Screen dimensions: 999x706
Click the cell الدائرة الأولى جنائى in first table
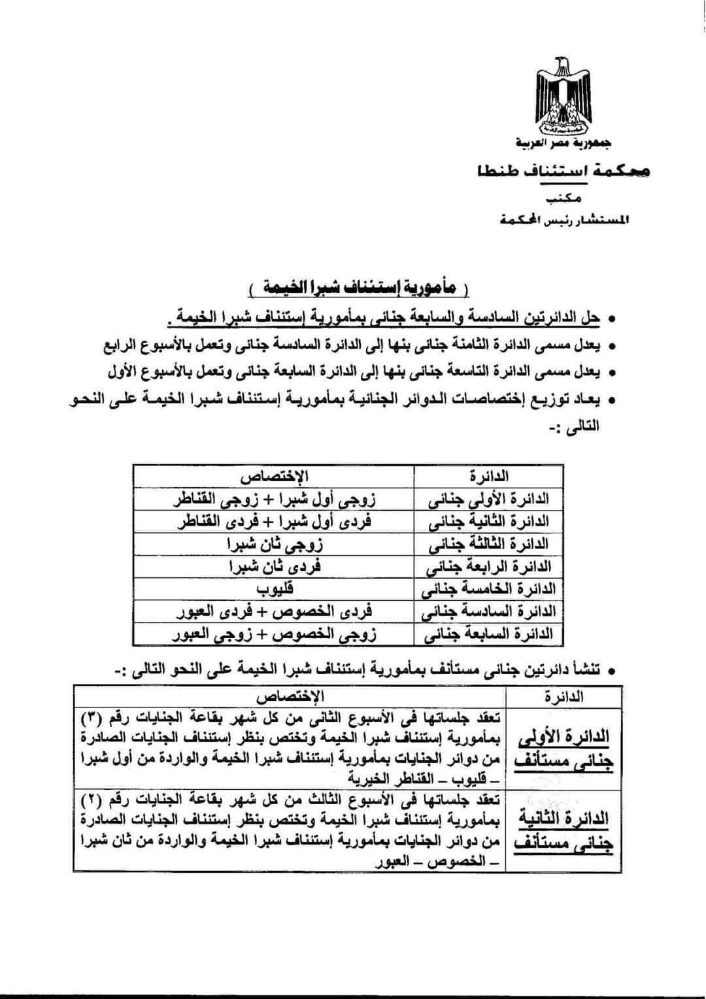click(488, 500)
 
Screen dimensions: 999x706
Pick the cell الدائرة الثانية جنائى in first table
click(488, 522)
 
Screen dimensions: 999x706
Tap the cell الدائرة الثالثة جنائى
click(488, 544)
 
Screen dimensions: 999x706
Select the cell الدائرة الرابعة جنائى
click(488, 567)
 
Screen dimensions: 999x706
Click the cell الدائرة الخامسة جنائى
click(488, 589)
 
